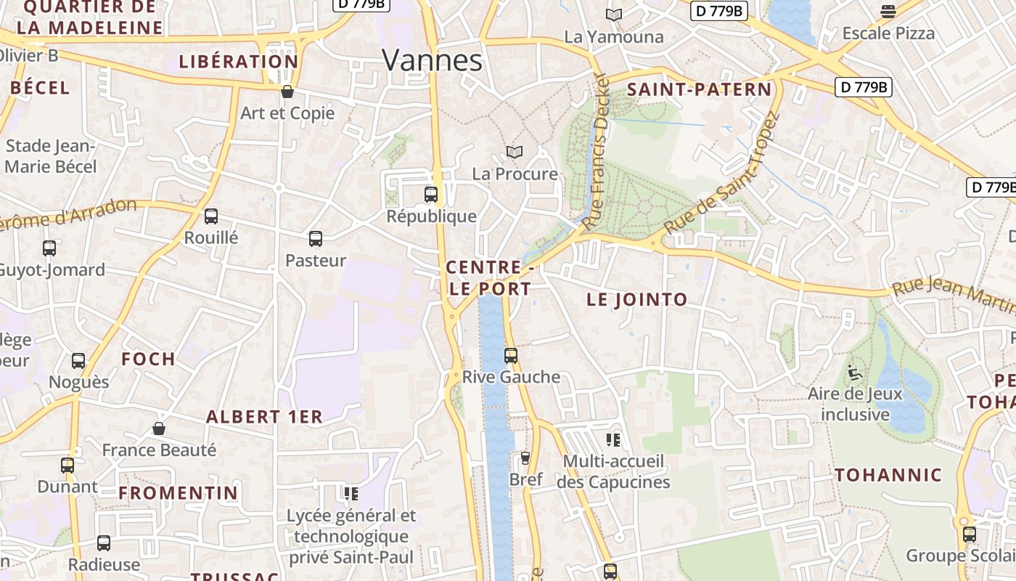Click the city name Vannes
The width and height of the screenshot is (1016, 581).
click(x=432, y=60)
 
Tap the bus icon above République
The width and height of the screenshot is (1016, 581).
click(x=431, y=195)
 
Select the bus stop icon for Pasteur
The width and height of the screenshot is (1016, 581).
click(x=316, y=239)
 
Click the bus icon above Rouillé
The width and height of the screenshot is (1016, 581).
click(x=211, y=216)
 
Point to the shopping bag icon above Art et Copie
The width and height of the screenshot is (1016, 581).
click(x=287, y=92)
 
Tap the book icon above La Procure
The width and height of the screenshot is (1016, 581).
click(x=515, y=153)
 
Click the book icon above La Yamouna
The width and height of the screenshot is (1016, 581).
click(x=614, y=15)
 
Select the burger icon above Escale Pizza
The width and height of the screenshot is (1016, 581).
click(x=888, y=12)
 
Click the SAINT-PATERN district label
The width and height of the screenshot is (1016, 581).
click(x=699, y=90)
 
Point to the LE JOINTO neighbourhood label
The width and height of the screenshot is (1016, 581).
click(x=636, y=299)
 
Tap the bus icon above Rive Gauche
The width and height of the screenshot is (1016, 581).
click(x=511, y=356)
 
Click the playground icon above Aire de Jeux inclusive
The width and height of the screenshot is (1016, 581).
click(x=855, y=373)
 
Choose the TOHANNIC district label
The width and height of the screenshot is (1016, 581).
click(x=888, y=476)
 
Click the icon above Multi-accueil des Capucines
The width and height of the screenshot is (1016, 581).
click(x=613, y=440)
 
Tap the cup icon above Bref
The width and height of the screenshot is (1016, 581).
click(x=525, y=458)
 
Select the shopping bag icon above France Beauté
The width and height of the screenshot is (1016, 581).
click(x=159, y=429)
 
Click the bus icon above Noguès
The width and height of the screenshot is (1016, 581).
click(x=78, y=361)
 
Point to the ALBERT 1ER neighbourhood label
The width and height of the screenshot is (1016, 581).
click(x=264, y=417)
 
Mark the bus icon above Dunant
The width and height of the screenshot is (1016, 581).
click(x=67, y=466)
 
